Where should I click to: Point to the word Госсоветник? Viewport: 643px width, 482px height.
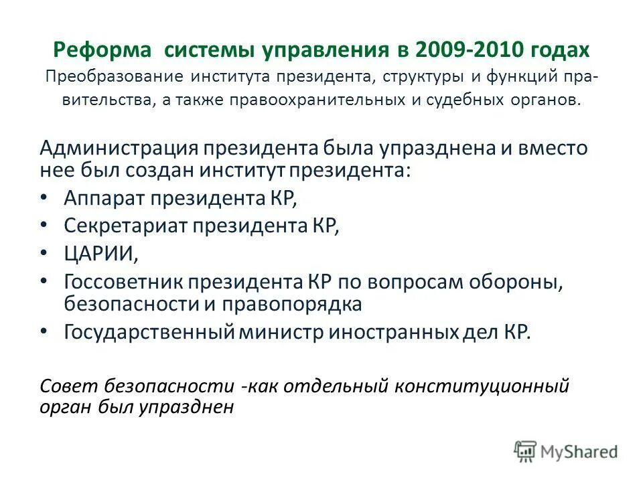click(x=125, y=283)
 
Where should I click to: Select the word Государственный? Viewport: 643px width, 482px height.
click(x=149, y=332)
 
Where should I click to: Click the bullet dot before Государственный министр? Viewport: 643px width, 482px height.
click(x=44, y=332)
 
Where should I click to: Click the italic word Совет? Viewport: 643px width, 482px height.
click(x=63, y=387)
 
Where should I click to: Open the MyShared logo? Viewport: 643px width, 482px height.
click(x=566, y=452)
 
